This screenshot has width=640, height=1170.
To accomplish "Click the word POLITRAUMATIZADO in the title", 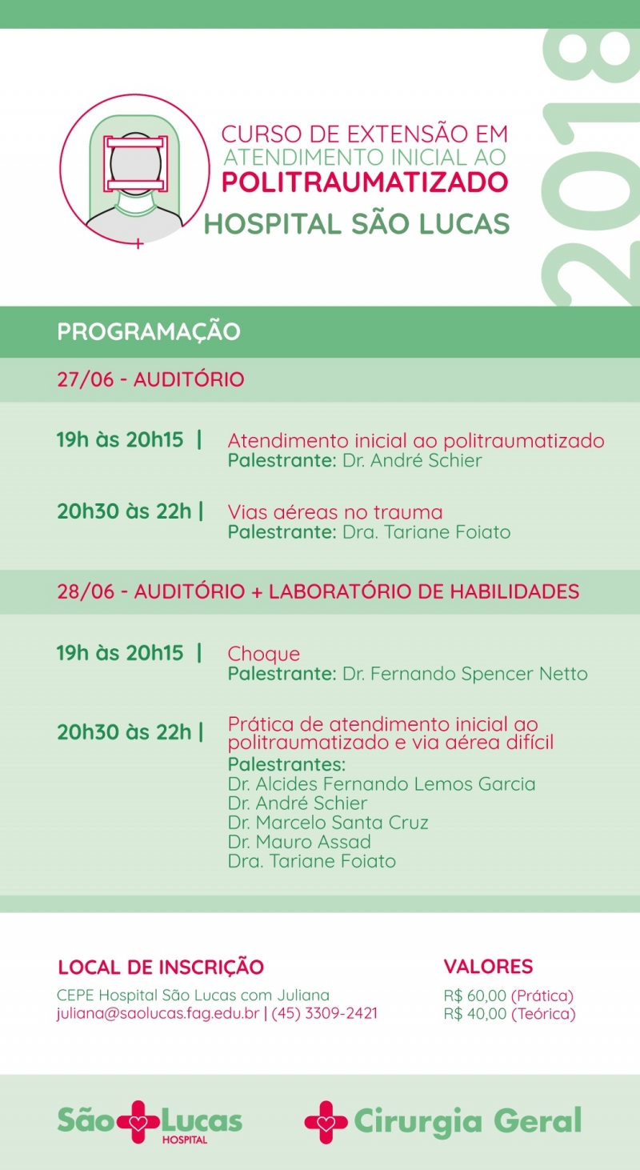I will (x=364, y=182).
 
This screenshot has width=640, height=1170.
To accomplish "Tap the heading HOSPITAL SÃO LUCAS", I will (x=356, y=224).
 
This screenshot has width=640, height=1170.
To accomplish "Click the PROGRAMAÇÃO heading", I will (x=148, y=332).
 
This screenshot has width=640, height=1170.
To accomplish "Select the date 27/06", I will (x=85, y=379).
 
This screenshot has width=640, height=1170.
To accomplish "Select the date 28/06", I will (x=85, y=592).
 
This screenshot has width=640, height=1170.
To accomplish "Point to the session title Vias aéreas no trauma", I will (x=334, y=512).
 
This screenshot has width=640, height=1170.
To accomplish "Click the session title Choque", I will (x=264, y=654).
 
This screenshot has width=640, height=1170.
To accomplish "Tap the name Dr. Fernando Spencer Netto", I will (x=465, y=674).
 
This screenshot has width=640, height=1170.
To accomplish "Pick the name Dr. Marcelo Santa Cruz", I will (x=328, y=823).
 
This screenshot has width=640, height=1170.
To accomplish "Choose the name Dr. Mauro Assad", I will (x=299, y=842).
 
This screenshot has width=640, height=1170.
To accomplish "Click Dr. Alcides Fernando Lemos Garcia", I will (x=382, y=784).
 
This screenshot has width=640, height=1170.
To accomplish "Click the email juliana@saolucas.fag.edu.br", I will (x=158, y=1014).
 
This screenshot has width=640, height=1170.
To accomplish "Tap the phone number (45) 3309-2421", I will (x=325, y=1014).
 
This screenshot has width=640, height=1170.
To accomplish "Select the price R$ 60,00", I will (x=474, y=996).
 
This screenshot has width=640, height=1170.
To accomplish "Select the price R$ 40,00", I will (x=474, y=1014).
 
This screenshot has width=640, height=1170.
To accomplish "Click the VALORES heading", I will (x=488, y=967).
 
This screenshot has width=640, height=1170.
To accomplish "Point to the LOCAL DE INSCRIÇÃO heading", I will (x=160, y=967).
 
